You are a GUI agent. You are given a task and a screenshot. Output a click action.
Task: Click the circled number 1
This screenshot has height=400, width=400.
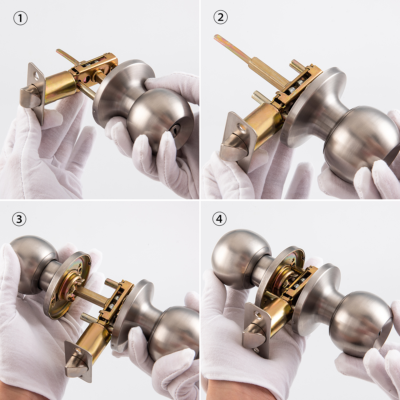click(20, 18)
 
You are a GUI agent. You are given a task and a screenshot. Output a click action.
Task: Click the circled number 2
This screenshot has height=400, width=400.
click(220, 17)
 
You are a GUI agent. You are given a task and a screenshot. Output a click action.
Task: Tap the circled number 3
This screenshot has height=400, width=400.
click(19, 219)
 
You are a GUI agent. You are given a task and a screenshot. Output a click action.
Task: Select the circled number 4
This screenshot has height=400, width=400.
click(219, 219)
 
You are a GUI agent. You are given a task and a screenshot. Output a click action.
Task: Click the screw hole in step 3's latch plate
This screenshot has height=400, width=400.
click(78, 351)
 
